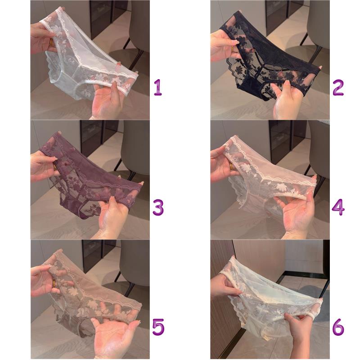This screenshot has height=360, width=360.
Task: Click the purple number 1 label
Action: (158, 87)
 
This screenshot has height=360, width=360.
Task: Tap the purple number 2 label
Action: (338, 87)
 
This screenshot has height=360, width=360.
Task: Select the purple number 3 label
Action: (158, 207)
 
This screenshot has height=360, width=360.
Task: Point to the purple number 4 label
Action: (338, 207)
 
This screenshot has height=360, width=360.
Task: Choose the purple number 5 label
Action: (158, 327)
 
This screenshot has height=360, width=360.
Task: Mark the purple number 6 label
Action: (338, 327)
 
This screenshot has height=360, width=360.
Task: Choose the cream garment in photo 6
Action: (269, 301)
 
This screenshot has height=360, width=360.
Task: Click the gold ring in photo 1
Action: (51, 43)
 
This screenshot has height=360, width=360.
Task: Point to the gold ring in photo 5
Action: (54, 283)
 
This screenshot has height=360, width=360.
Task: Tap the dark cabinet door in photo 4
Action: (281, 140)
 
